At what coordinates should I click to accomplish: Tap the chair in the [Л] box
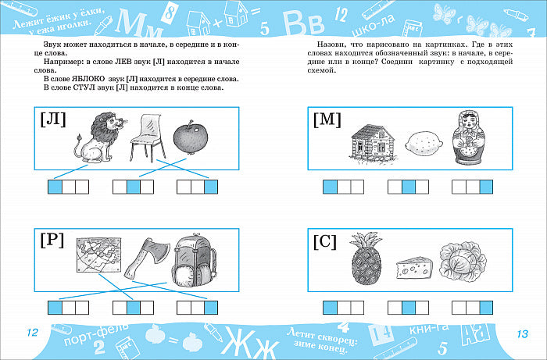(x=147, y=138)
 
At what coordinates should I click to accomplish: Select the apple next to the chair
(x=191, y=137)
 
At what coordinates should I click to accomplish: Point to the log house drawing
(x=372, y=143)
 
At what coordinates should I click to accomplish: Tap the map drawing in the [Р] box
(x=99, y=255)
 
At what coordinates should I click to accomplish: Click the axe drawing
(x=147, y=258)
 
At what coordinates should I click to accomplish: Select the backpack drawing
(x=194, y=259)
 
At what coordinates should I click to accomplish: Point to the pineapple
(x=366, y=258)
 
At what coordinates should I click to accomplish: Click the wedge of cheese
(x=414, y=268)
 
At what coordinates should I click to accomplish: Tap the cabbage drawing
(x=463, y=260)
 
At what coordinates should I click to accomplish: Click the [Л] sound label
(x=53, y=119)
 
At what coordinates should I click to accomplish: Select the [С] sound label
(x=325, y=241)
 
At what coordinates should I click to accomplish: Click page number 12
(x=32, y=333)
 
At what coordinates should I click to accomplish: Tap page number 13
(x=522, y=334)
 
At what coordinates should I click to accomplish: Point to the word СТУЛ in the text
(x=83, y=87)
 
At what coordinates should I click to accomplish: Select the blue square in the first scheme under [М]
(x=330, y=187)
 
